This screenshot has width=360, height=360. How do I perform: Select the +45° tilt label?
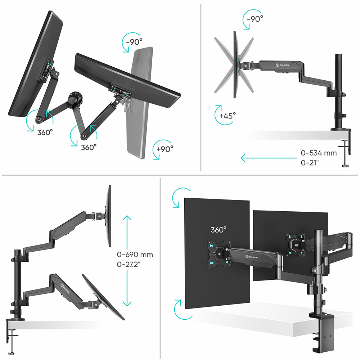(x=228, y=116)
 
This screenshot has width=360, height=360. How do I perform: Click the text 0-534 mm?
(x=319, y=153)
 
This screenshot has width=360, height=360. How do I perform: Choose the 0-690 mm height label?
(x=135, y=255)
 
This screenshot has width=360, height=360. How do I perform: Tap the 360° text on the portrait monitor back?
(x=219, y=230)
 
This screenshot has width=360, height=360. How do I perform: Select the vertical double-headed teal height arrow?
(x=127, y=261)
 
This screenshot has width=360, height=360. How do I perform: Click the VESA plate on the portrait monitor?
(x=217, y=254)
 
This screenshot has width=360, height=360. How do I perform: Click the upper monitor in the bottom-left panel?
(x=108, y=216)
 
